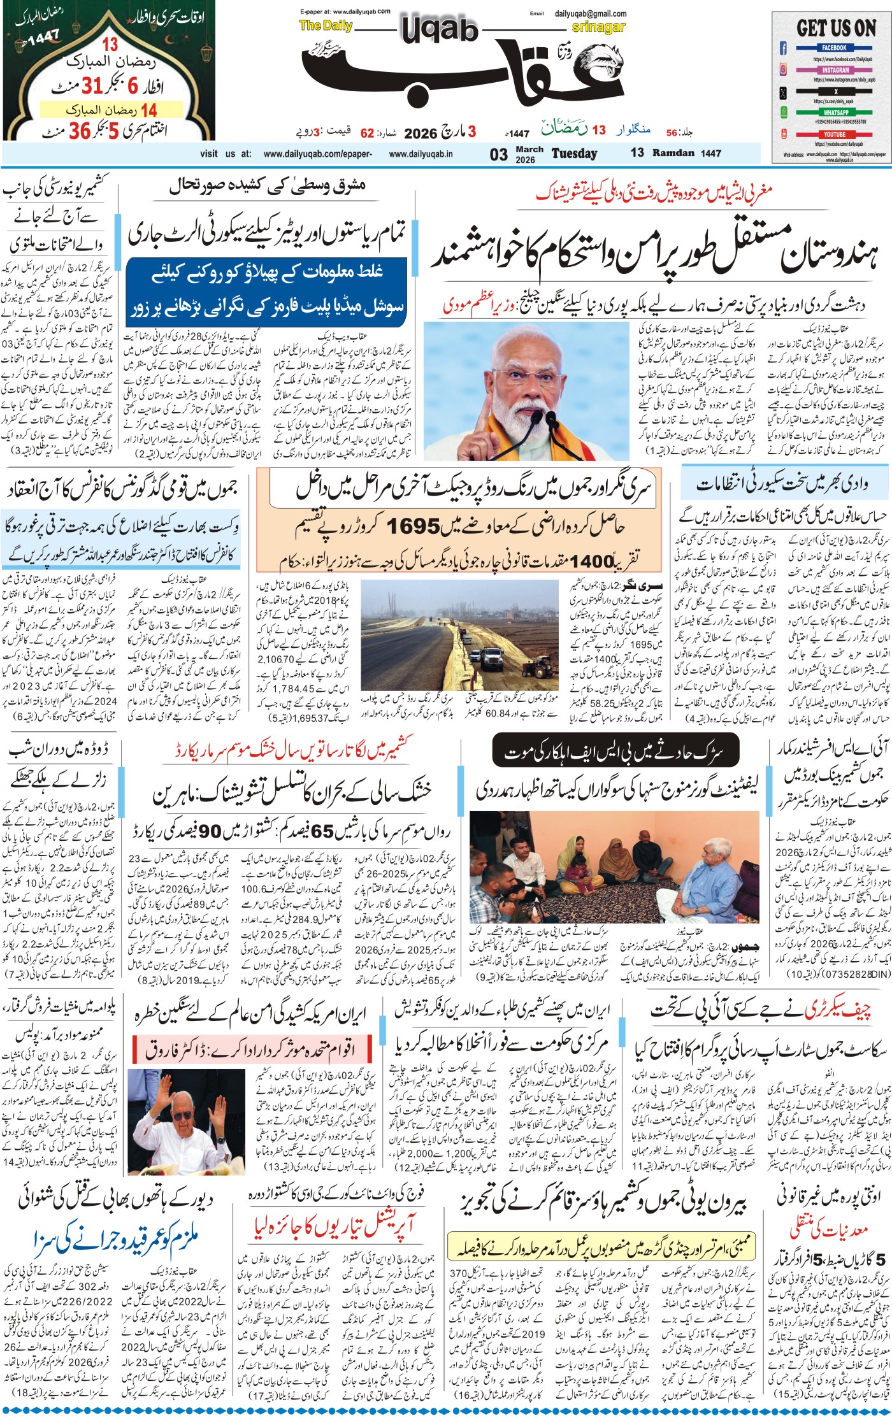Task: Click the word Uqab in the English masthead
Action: (x=439, y=29)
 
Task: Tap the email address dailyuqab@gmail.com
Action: (x=590, y=13)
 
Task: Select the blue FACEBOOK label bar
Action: (x=834, y=48)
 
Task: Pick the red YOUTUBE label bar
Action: (x=834, y=134)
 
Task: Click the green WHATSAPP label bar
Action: (x=835, y=113)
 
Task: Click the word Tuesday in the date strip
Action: (x=574, y=154)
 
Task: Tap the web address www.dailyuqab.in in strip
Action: (x=421, y=154)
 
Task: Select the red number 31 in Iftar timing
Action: (x=92, y=85)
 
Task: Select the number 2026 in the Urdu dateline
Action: (x=421, y=133)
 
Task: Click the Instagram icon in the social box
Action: (x=783, y=70)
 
